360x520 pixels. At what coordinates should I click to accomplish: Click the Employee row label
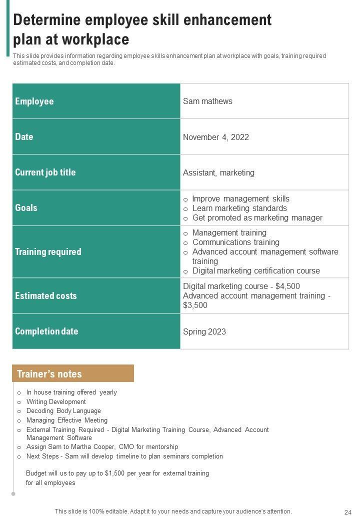[34, 101]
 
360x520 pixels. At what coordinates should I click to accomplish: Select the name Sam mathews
[207, 101]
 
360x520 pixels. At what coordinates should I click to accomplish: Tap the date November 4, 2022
[215, 137]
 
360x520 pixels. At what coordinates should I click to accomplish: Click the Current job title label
[45, 172]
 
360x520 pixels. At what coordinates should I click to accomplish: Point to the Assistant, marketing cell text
[218, 172]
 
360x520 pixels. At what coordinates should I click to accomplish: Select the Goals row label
[26, 208]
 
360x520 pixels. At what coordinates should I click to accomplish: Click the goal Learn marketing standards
[239, 208]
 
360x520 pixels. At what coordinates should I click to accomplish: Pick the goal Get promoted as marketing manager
[257, 217]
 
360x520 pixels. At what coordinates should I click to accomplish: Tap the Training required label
[47, 251]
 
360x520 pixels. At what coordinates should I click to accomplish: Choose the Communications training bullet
[235, 242]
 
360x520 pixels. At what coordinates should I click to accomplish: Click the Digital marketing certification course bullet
[256, 270]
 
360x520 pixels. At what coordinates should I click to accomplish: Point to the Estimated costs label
[45, 295]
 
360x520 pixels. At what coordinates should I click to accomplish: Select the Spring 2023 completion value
[204, 331]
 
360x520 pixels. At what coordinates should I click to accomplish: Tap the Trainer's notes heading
[49, 374]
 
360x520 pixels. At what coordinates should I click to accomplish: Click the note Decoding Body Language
[63, 411]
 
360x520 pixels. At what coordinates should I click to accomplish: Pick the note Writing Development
[56, 401]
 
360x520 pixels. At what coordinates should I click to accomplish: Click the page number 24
[348, 512]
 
